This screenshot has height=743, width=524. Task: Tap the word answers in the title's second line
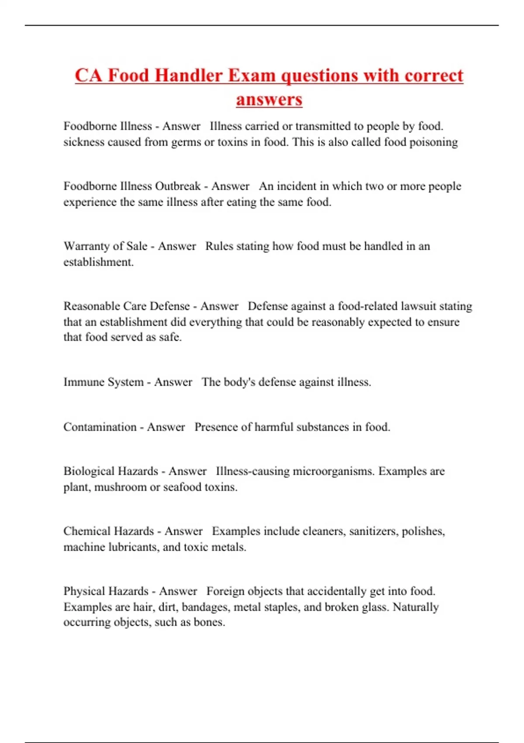[269, 99]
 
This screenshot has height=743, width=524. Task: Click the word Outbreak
[178, 186]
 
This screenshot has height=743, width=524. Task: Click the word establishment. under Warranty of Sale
[99, 262]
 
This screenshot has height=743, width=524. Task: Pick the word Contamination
[100, 427]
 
